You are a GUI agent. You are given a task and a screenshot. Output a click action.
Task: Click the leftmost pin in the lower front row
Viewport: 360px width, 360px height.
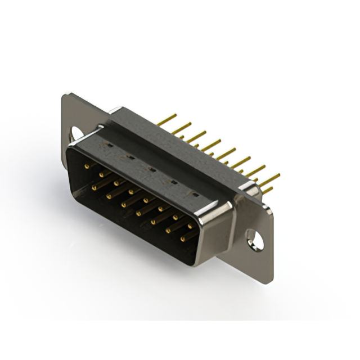point(93,184)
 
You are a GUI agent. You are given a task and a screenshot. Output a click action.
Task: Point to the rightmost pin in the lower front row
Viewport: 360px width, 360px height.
point(183,238)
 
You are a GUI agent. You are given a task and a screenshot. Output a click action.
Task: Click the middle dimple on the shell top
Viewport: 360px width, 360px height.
point(152,168)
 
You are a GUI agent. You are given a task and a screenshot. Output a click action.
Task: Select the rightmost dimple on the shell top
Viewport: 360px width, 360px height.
point(195,194)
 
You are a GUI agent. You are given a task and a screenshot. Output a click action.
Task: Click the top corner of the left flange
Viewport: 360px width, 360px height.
point(66,96)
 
